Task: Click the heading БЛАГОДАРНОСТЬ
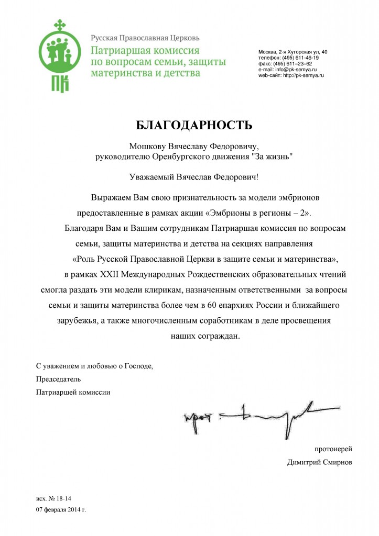click(x=194, y=125)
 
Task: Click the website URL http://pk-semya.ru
click(x=304, y=75)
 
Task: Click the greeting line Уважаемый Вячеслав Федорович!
click(x=194, y=177)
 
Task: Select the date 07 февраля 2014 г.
click(x=60, y=509)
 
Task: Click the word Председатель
click(x=59, y=378)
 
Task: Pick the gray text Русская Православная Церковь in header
click(x=145, y=38)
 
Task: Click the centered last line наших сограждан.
click(x=205, y=336)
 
